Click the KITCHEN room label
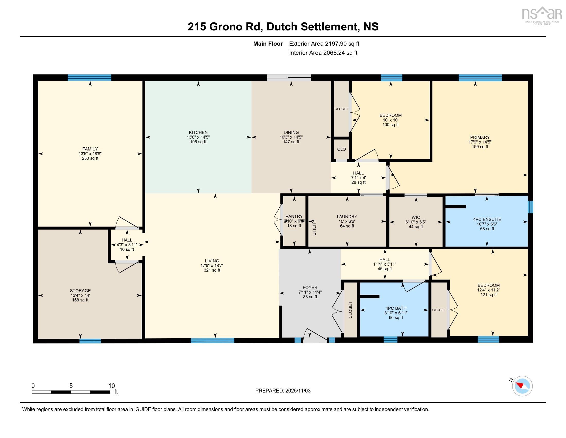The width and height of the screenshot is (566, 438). (198, 132)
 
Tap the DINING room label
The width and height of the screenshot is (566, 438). (291, 132)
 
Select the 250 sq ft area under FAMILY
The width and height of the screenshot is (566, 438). (90, 158)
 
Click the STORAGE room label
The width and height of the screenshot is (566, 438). (80, 291)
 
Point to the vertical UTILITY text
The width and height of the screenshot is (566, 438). (314, 228)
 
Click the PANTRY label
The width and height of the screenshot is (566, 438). (294, 216)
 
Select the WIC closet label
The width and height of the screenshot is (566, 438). (416, 217)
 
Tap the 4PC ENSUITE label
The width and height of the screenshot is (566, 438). (487, 220)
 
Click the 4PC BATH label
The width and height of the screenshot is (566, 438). (396, 308)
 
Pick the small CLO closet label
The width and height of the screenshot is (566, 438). (341, 149)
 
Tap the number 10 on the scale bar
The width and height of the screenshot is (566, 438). (111, 386)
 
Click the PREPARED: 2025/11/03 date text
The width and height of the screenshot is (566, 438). (283, 391)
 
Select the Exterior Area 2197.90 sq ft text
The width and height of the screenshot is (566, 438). (324, 44)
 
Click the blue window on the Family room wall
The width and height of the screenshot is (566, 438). (90, 78)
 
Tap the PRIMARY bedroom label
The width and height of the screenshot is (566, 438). (480, 137)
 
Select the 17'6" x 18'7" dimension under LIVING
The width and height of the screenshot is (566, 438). (212, 265)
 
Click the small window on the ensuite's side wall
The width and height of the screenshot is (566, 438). (530, 207)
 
